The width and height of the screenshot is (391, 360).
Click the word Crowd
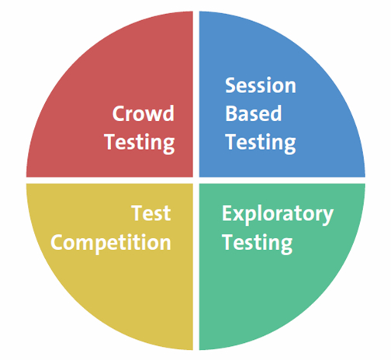pos(144,113)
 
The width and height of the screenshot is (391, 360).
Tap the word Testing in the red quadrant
pos(140,143)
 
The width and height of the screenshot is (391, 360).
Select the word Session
pos(261,85)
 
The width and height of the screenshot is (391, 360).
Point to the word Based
pos(254,113)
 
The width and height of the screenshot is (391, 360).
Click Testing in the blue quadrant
pos(261,143)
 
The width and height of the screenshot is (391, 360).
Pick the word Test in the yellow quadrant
pos(151,213)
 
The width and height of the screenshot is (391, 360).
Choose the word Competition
pos(111,242)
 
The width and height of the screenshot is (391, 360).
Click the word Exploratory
pos(278,214)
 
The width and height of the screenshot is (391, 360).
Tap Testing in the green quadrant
pos(258,244)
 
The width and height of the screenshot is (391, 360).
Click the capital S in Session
pos(230,85)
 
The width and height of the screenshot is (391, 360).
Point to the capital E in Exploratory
pos(227,213)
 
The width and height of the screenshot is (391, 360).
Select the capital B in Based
pos(231,113)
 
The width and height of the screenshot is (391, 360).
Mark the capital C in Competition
pos(57,242)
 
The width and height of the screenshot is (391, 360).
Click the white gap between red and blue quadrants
pos(196,94)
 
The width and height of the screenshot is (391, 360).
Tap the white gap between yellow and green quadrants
pos(196,267)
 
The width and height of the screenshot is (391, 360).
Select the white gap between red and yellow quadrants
pos(109,181)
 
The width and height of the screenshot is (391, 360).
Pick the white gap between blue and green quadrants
pos(282,181)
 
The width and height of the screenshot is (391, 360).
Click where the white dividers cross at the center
pos(196,181)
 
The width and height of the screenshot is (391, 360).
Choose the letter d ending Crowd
pos(168,113)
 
